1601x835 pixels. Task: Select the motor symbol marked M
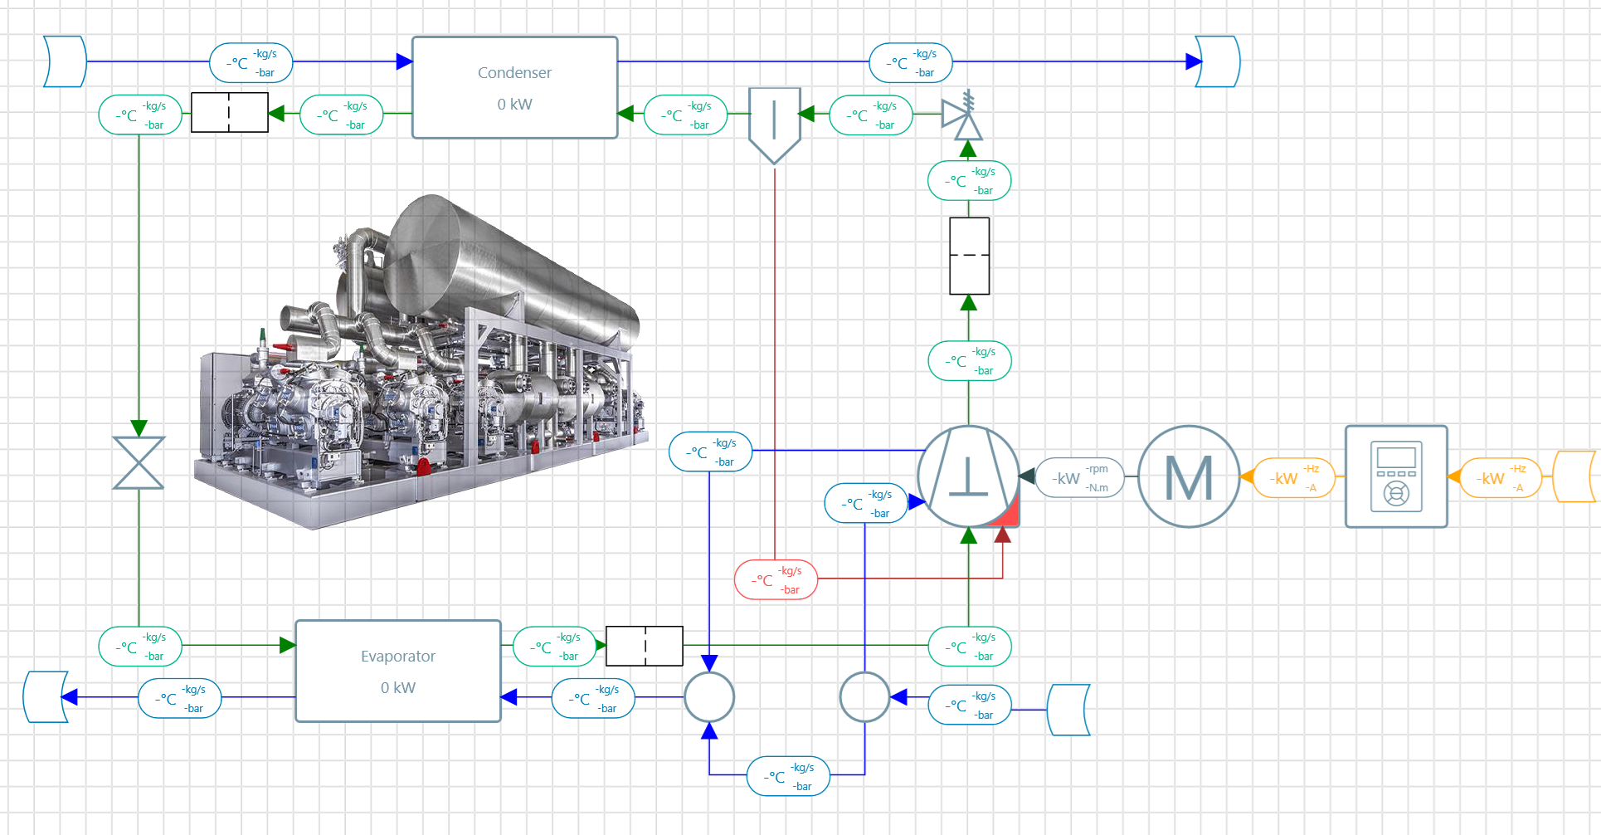[x=1189, y=476]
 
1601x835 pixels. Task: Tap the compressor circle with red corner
[x=968, y=476]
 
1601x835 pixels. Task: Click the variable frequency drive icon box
[x=1396, y=476]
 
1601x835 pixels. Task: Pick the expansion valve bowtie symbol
[x=139, y=462]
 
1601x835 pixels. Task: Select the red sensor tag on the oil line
[x=776, y=579]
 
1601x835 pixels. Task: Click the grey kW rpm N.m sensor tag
[x=1079, y=477]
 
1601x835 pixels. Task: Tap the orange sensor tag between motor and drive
[x=1293, y=477]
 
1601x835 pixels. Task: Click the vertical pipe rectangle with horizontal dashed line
[x=969, y=256]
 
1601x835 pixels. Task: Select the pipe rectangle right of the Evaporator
[x=645, y=646]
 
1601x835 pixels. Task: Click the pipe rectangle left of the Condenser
[x=230, y=112]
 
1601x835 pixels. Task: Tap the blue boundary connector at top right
[x=1218, y=61]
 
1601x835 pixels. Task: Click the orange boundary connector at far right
[x=1574, y=476]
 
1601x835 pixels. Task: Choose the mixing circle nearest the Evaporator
[x=709, y=697]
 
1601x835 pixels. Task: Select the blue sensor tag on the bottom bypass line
[x=788, y=776]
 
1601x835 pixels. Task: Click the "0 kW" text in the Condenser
[x=514, y=105]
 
